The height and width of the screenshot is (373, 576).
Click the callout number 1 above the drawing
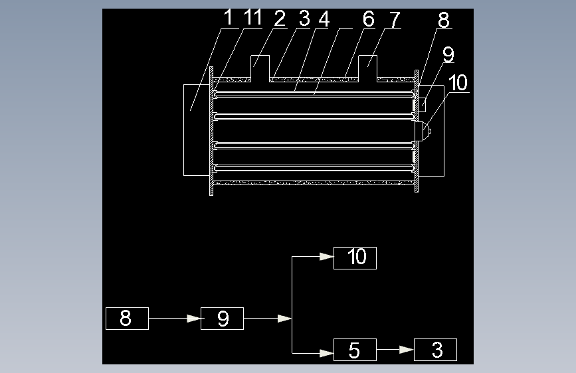point(229,18)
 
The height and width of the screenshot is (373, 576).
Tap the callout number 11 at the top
point(252,18)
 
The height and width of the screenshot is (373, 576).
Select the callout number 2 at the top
point(280,19)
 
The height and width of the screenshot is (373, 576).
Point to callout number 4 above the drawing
point(324,19)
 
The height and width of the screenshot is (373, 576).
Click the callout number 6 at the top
point(369,19)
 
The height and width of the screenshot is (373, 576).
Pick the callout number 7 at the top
point(394,20)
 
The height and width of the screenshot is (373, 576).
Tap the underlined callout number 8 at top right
point(444,20)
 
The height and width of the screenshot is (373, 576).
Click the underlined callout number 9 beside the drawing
point(448,54)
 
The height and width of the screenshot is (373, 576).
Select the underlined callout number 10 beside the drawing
point(458,83)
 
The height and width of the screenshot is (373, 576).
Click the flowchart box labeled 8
point(127,319)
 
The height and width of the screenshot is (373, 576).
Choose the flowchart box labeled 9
point(223,319)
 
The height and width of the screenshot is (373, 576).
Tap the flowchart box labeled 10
point(355,258)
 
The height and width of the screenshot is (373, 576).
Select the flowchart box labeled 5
point(355,350)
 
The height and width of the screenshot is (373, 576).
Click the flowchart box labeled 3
point(436,350)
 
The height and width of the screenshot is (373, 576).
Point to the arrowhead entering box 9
point(194,319)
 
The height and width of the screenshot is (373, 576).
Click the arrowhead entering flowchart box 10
point(327,257)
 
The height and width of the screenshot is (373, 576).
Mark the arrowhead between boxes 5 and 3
point(407,350)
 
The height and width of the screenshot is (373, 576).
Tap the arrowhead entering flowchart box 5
point(327,353)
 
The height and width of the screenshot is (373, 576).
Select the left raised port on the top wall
point(260,68)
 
